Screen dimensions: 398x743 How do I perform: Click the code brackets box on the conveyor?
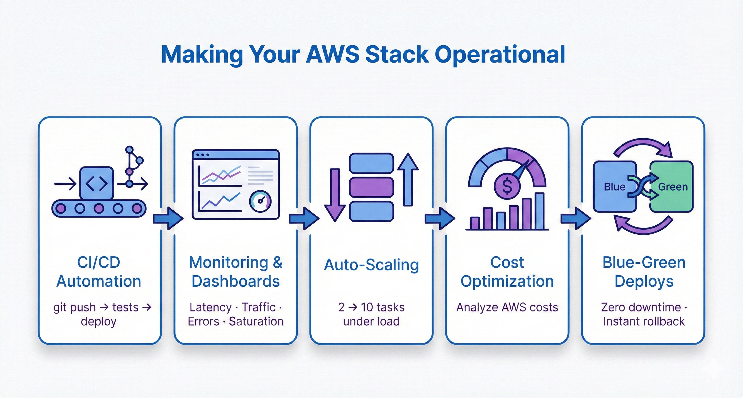[x=97, y=183]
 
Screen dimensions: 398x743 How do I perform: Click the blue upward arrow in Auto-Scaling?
[x=408, y=179]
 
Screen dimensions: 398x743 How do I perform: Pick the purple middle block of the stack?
[x=371, y=187]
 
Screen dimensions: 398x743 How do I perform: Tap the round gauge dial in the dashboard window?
[x=260, y=201]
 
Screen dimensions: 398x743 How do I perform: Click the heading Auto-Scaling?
[x=371, y=265]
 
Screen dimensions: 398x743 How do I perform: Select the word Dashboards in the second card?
[x=236, y=281]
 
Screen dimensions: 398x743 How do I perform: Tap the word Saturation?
[x=256, y=321]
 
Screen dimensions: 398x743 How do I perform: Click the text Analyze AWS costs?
[x=507, y=307]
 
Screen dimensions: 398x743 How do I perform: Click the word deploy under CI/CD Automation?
[x=99, y=321]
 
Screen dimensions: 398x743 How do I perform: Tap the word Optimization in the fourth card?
[x=507, y=281]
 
